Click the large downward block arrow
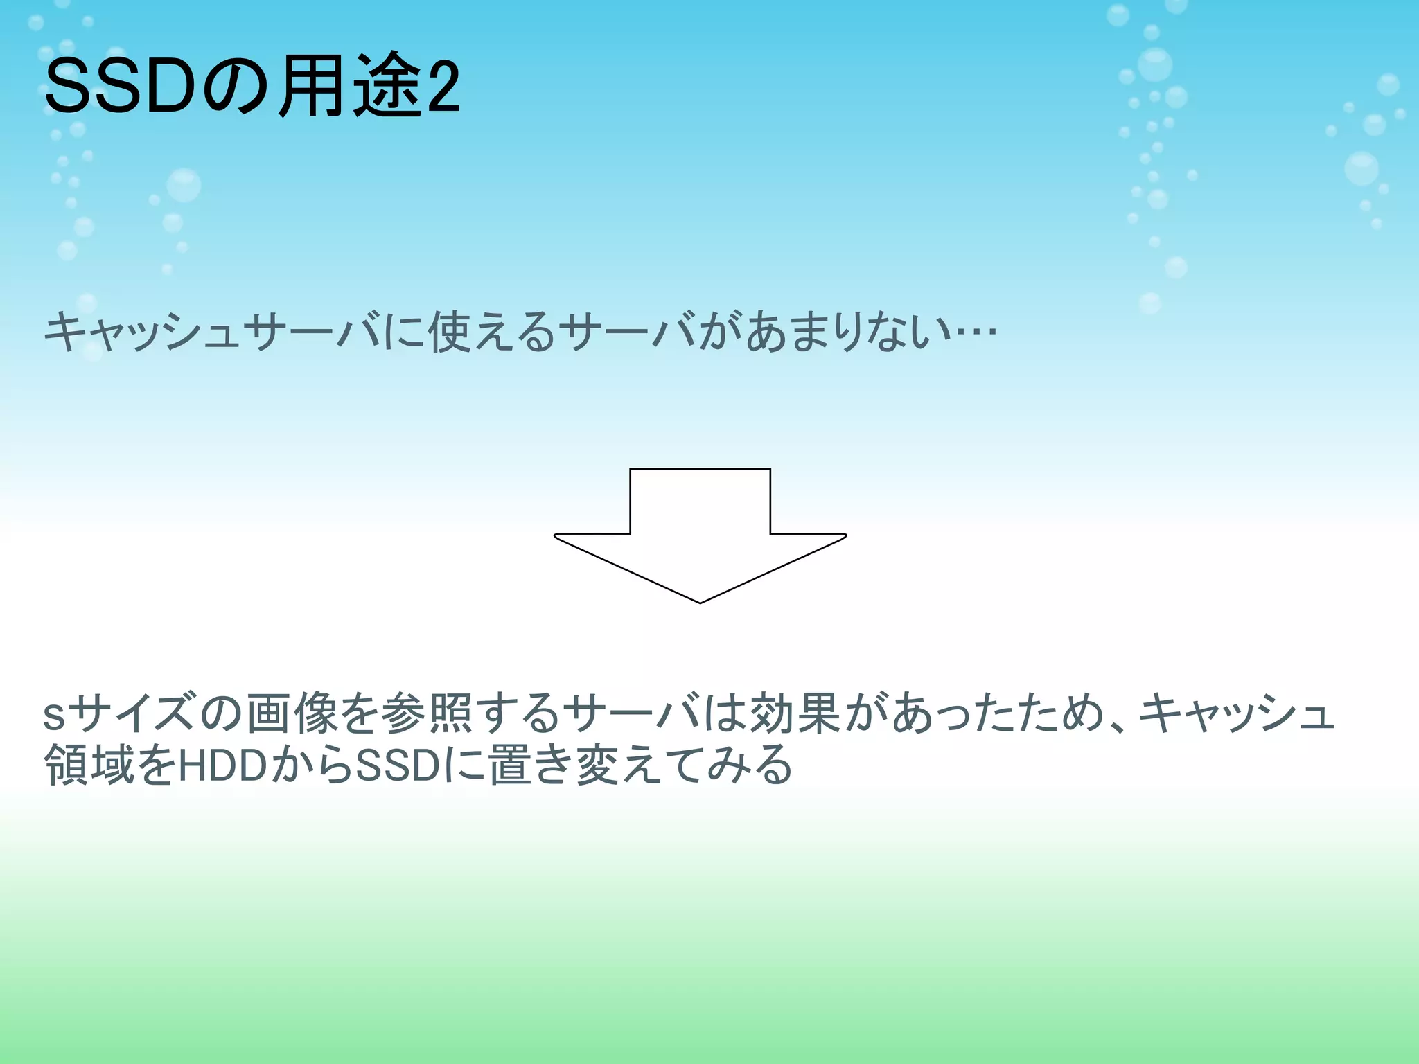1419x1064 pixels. [700, 533]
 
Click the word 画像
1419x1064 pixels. [292, 713]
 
